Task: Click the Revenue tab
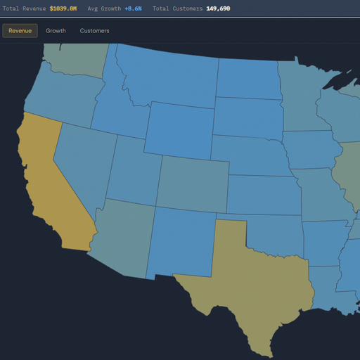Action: click(20, 31)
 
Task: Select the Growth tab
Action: click(56, 31)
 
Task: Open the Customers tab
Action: click(94, 31)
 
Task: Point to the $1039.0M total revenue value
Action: click(63, 8)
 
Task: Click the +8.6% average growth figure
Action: click(133, 8)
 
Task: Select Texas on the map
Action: click(253, 281)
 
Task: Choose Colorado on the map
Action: click(191, 184)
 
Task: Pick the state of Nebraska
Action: click(250, 155)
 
